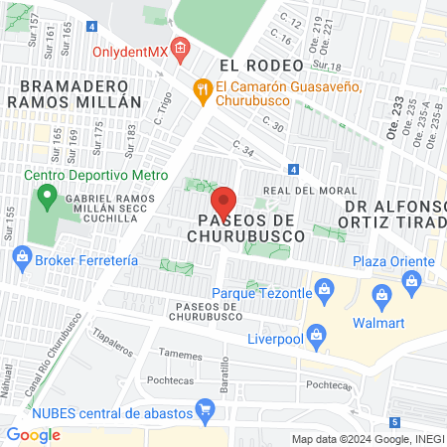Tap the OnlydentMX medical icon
coord(180,47)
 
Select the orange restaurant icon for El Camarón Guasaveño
coord(203,87)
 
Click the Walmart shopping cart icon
coord(381,295)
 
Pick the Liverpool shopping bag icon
coord(317,335)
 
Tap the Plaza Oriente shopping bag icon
coord(411,282)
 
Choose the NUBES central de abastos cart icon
coord(206,407)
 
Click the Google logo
coord(33,434)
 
